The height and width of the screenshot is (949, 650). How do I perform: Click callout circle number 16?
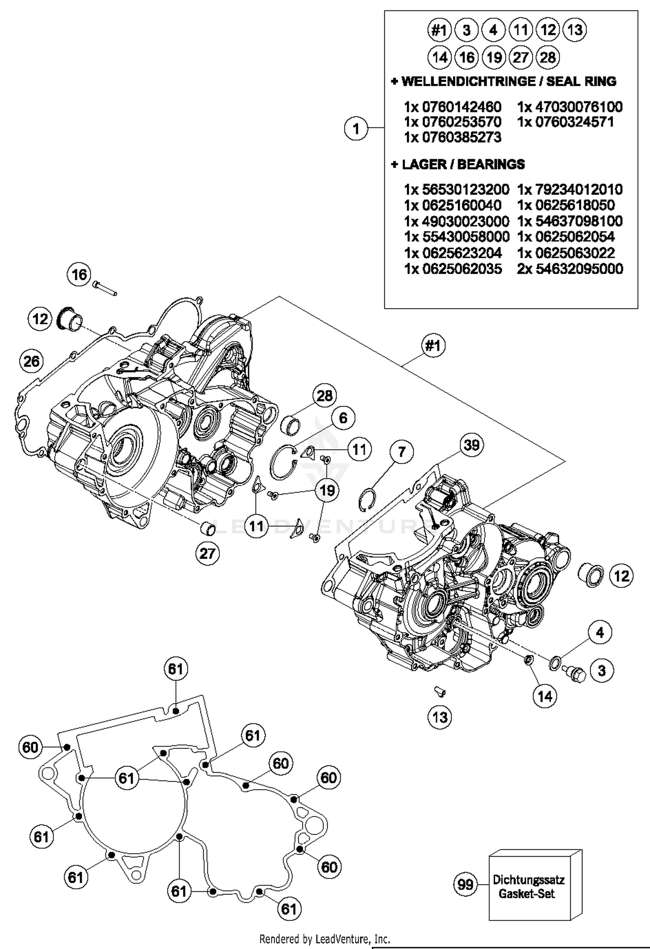79,274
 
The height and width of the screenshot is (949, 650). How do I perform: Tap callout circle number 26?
32,361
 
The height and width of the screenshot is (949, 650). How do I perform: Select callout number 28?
325,395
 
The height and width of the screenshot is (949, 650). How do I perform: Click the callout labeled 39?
471,445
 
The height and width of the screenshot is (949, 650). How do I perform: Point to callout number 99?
465,884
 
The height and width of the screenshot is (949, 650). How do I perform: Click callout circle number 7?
402,452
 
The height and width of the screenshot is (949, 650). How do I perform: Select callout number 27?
208,553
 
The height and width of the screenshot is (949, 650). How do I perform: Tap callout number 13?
440,717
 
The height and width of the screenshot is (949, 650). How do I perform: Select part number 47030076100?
570,107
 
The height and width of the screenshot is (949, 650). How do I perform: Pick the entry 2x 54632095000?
570,269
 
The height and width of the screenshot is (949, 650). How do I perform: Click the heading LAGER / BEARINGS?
458,164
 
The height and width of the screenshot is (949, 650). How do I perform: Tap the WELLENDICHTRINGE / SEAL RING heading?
504,81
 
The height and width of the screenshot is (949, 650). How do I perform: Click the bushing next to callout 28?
290,425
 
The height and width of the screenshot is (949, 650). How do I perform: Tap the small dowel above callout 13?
440,692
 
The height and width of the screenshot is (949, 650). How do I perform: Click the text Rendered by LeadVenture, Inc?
325,939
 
